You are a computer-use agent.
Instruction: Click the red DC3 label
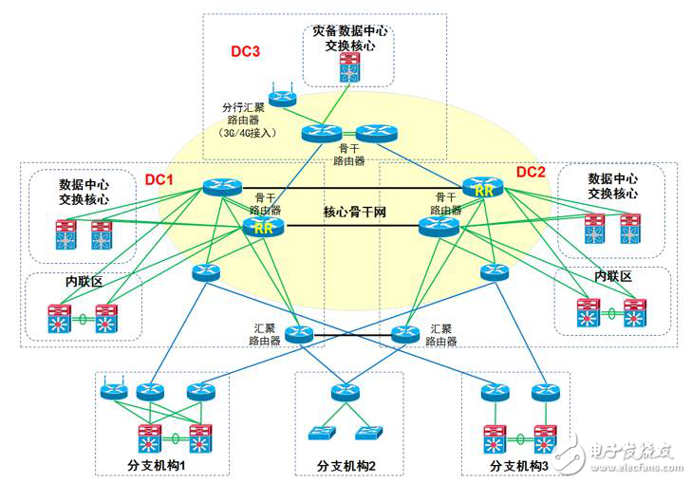pyautogui.click(x=245, y=50)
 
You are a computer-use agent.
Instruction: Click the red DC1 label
pyautogui.click(x=159, y=178)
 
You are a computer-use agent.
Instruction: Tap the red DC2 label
pyautogui.click(x=531, y=172)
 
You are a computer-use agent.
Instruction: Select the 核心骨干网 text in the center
pyautogui.click(x=354, y=211)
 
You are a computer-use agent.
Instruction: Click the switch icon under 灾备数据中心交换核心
pyautogui.click(x=350, y=65)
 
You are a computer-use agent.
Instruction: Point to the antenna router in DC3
pyautogui.click(x=281, y=97)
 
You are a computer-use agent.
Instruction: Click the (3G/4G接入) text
pyautogui.click(x=247, y=133)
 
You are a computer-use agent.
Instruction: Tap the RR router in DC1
pyautogui.click(x=261, y=227)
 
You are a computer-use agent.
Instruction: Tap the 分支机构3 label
pyautogui.click(x=519, y=465)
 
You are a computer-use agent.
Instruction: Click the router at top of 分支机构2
pyautogui.click(x=345, y=391)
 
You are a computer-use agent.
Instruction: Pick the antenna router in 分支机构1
pyautogui.click(x=114, y=390)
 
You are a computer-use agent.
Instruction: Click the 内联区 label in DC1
pyautogui.click(x=83, y=282)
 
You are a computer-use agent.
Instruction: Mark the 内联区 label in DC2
pyautogui.click(x=612, y=275)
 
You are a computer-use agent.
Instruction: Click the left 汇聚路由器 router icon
pyautogui.click(x=298, y=334)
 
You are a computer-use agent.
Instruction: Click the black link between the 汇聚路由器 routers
pyautogui.click(x=351, y=335)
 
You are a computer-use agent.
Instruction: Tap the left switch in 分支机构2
pyautogui.click(x=320, y=433)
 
